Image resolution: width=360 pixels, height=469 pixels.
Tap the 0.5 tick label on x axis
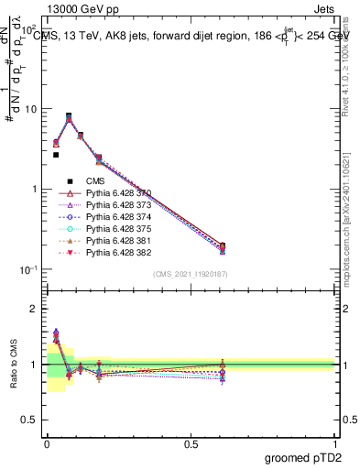(191, 443)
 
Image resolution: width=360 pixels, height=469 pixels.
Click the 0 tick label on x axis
(47, 443)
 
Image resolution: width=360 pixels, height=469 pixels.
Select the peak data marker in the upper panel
(69, 116)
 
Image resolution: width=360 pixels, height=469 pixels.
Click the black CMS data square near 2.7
(55, 155)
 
